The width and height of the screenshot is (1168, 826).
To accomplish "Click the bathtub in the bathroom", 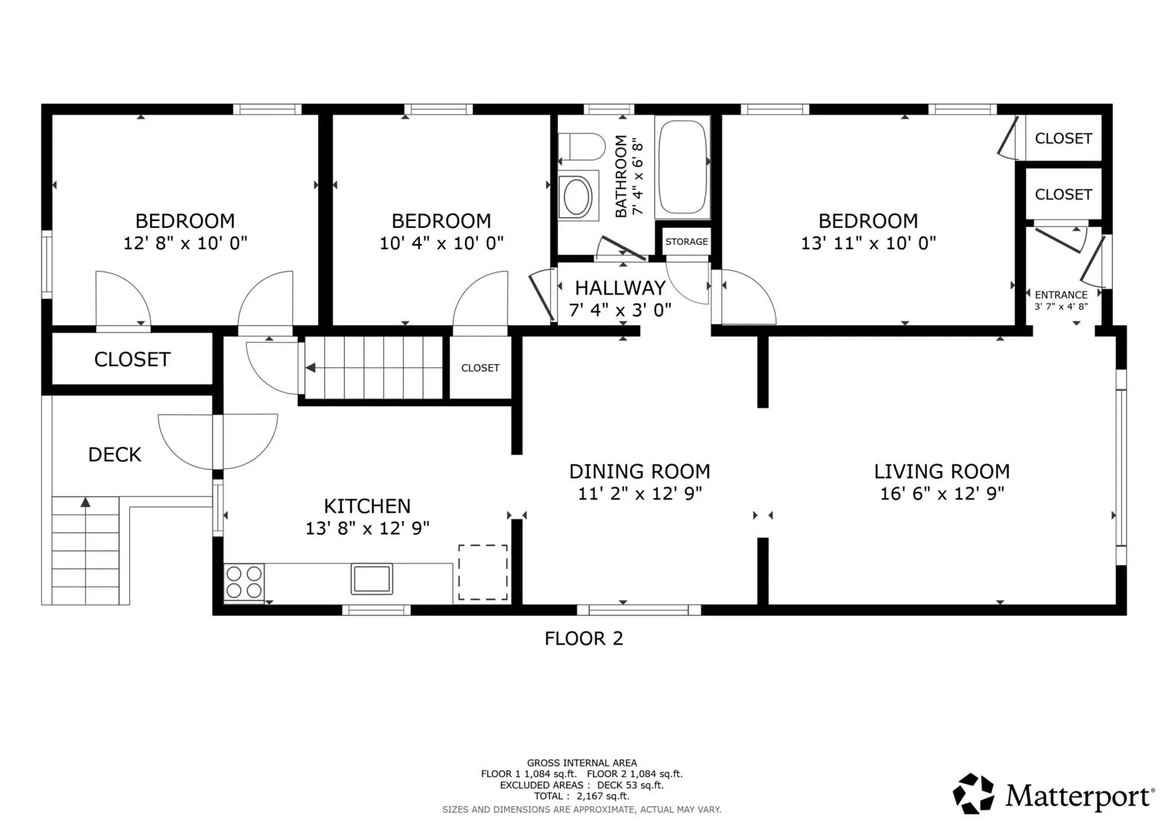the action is click(682, 167).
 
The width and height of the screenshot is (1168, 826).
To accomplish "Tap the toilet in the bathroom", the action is click(581, 147).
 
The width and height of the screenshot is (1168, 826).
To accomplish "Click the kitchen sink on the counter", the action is click(372, 578).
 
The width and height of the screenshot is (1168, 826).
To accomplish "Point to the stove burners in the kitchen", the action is click(243, 582).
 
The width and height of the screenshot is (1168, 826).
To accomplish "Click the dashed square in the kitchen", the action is click(483, 572).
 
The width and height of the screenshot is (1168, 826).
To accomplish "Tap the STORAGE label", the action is click(686, 242).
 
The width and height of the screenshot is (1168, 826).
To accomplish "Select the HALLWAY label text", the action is click(620, 288).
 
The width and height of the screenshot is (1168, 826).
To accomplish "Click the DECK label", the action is click(115, 454).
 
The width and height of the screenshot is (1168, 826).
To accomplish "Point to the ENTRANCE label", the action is click(1061, 294).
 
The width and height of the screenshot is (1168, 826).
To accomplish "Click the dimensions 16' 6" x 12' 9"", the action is click(942, 493).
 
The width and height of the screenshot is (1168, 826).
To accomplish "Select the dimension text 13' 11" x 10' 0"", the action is click(868, 242).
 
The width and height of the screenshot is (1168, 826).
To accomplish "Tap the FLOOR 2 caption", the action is click(584, 639).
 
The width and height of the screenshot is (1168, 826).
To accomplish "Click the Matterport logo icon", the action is click(974, 794).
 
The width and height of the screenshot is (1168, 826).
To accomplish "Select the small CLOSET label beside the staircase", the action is click(480, 368).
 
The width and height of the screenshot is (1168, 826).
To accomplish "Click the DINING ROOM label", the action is click(639, 471).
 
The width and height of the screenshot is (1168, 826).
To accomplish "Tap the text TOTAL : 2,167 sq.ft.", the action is click(581, 795).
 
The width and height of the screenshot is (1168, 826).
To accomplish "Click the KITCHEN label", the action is click(367, 506).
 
